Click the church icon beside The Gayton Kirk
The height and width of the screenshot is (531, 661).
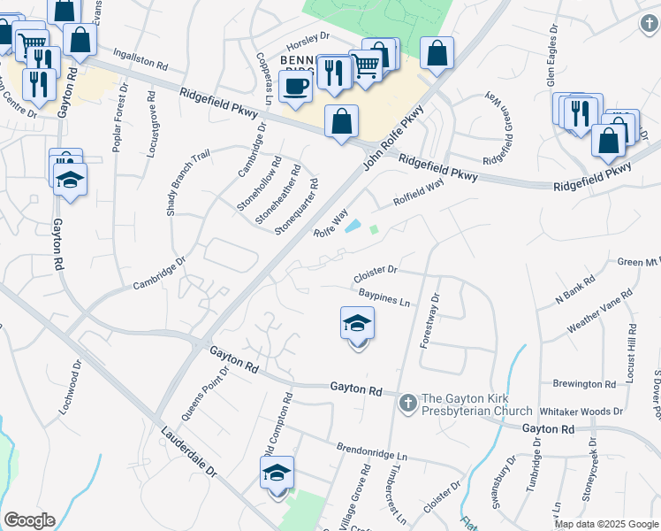pyautogui.click(x=407, y=403)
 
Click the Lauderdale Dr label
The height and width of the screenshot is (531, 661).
pyautogui.click(x=189, y=456)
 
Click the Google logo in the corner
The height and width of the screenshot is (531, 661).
pyautogui.click(x=29, y=519)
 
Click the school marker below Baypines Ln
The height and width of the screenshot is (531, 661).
pyautogui.click(x=357, y=324)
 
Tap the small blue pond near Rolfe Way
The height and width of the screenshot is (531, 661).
pyautogui.click(x=352, y=226)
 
